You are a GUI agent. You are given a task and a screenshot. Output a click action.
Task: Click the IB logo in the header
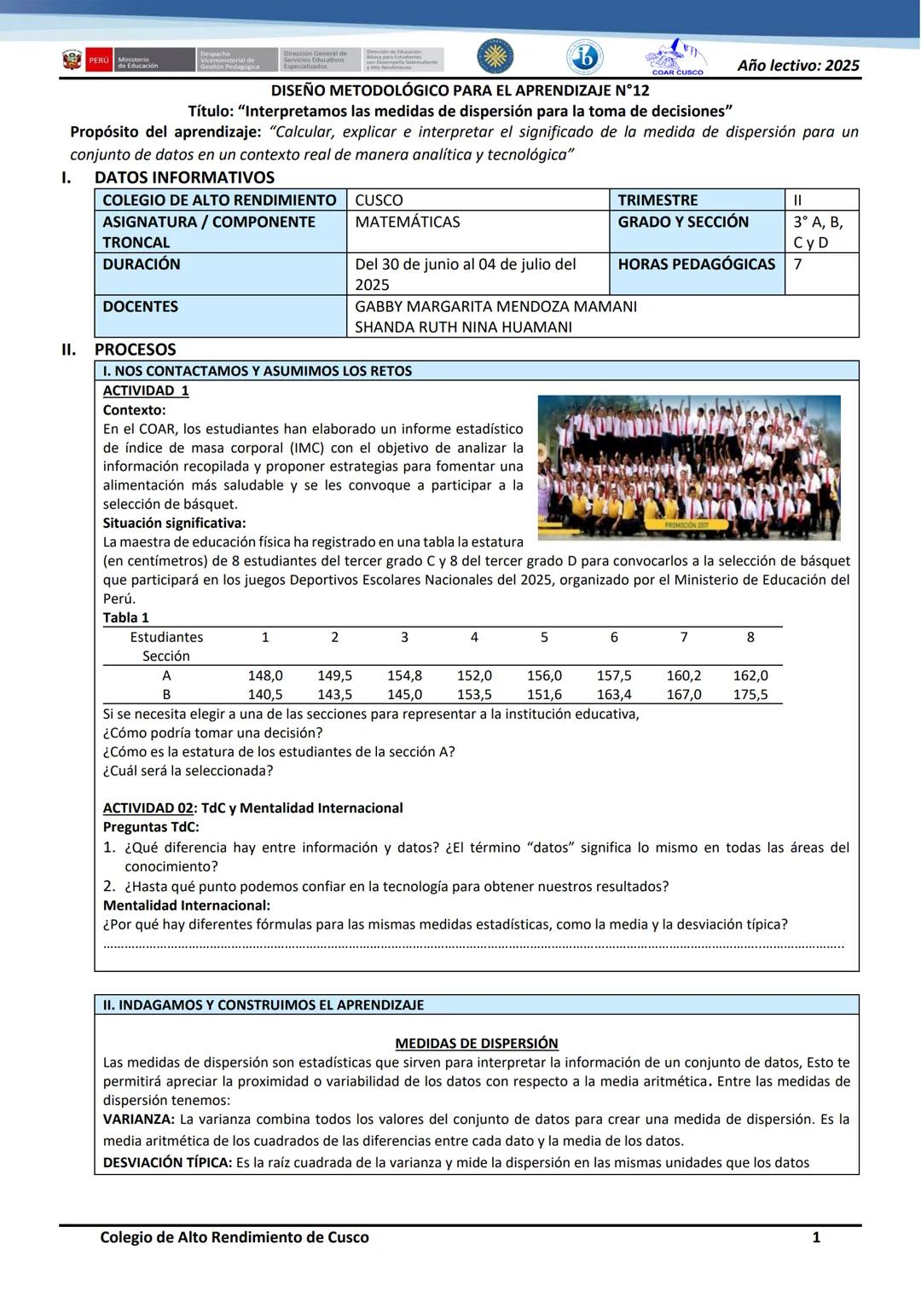(585, 58)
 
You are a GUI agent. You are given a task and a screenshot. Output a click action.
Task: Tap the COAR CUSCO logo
(675, 58)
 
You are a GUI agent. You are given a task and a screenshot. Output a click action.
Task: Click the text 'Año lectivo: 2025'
(798, 66)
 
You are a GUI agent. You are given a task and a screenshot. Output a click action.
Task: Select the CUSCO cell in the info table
(379, 200)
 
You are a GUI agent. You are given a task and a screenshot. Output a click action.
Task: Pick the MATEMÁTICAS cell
(407, 222)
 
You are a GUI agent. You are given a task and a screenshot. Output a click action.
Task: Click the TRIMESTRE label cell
(657, 200)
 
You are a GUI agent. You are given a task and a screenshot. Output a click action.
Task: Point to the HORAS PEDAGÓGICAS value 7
(797, 264)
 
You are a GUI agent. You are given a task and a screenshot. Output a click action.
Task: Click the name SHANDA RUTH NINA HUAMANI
(463, 327)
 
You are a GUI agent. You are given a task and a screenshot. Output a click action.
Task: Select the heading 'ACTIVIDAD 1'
(146, 391)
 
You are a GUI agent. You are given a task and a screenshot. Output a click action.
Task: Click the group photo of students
(688, 467)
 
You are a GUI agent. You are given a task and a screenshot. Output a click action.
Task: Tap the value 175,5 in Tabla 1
(750, 695)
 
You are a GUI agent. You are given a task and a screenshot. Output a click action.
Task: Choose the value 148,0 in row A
(265, 675)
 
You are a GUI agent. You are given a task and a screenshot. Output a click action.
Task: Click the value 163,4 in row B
(614, 695)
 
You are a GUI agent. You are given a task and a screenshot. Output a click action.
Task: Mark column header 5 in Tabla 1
(544, 637)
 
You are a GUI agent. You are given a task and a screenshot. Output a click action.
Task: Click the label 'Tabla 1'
(126, 618)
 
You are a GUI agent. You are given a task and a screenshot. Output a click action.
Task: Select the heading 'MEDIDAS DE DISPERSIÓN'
(477, 1044)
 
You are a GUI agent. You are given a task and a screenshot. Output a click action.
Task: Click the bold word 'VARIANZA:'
(139, 1120)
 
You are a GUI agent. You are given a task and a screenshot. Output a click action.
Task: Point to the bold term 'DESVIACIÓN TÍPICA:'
(167, 1162)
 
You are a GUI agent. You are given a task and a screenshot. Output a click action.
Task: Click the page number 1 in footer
(816, 1237)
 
